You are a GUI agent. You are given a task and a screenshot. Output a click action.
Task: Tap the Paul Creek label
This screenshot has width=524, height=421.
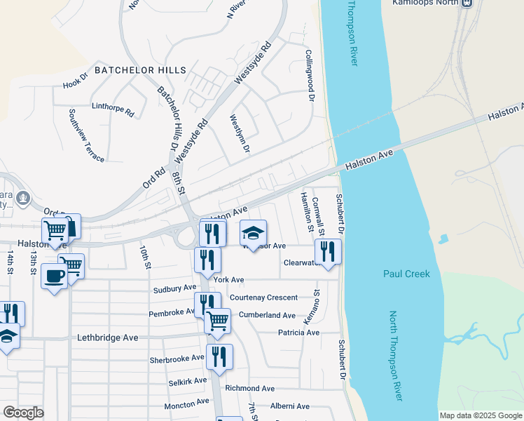tap(407, 274)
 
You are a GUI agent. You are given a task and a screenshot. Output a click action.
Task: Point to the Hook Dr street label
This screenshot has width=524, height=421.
tap(75, 81)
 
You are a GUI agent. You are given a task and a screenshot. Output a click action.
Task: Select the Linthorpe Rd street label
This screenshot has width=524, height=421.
tap(113, 109)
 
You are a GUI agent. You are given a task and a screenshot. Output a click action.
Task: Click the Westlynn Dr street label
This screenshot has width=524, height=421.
tap(240, 133)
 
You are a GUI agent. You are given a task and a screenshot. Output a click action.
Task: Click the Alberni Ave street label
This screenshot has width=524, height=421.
tap(290, 406)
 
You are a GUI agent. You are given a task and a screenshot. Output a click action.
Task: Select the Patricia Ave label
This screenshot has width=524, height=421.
tap(298, 333)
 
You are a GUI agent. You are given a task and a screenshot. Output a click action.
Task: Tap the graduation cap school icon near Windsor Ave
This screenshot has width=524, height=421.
tap(254, 233)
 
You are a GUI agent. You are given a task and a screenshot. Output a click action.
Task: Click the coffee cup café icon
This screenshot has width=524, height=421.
tap(53, 276)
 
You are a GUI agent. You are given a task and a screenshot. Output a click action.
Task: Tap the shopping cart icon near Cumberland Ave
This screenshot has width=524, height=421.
tap(218, 321)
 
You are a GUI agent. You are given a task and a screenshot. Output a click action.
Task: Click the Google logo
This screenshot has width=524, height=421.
tap(23, 413)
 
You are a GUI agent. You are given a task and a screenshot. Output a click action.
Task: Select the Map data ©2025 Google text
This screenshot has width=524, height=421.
tap(480, 415)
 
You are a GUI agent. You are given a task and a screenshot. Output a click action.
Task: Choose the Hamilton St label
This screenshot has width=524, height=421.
tap(305, 211)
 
